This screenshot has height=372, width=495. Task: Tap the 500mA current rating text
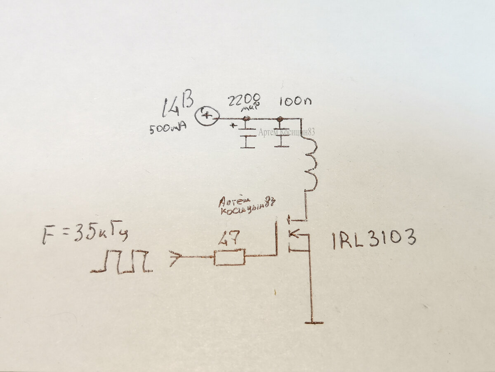click(168, 129)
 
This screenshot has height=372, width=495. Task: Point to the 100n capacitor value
click(295, 101)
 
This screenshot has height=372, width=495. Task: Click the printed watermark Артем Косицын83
click(287, 132)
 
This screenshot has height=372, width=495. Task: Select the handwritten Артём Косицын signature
click(247, 206)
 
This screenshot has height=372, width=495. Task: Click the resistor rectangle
click(230, 257)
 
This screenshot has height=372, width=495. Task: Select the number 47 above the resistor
click(229, 239)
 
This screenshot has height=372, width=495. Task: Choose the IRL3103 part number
click(374, 239)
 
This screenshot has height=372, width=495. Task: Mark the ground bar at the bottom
click(313, 322)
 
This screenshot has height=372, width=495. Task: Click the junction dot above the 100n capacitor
click(280, 119)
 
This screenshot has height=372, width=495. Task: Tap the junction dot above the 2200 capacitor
click(246, 119)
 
